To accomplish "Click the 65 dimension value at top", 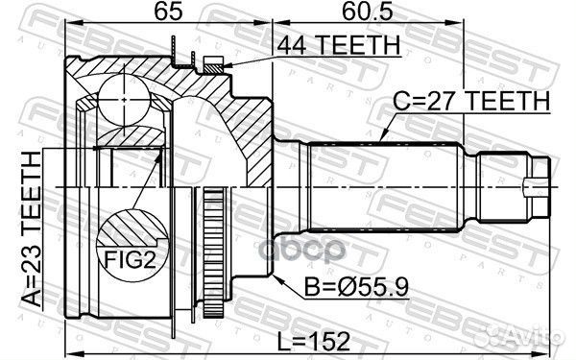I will point(145,14).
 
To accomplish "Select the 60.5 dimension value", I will point(363,14).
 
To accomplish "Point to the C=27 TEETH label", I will point(470,101).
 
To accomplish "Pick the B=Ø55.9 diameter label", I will point(342,284).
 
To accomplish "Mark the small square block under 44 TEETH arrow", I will point(213,64).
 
